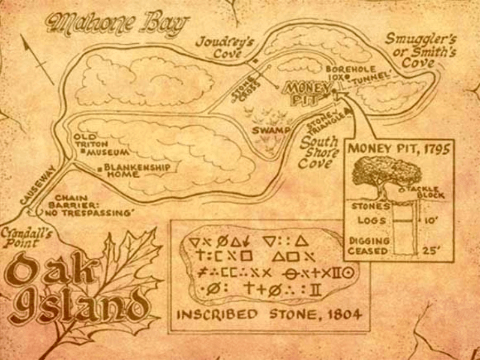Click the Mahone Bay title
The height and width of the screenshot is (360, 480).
117,24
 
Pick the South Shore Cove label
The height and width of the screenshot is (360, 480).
319,153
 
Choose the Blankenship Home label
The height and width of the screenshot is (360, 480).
138,170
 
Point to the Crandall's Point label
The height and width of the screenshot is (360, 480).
20,238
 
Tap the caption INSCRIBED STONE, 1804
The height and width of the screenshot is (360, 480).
269,314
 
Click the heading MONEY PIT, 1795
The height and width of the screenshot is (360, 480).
398,148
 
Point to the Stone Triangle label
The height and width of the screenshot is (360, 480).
324,122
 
